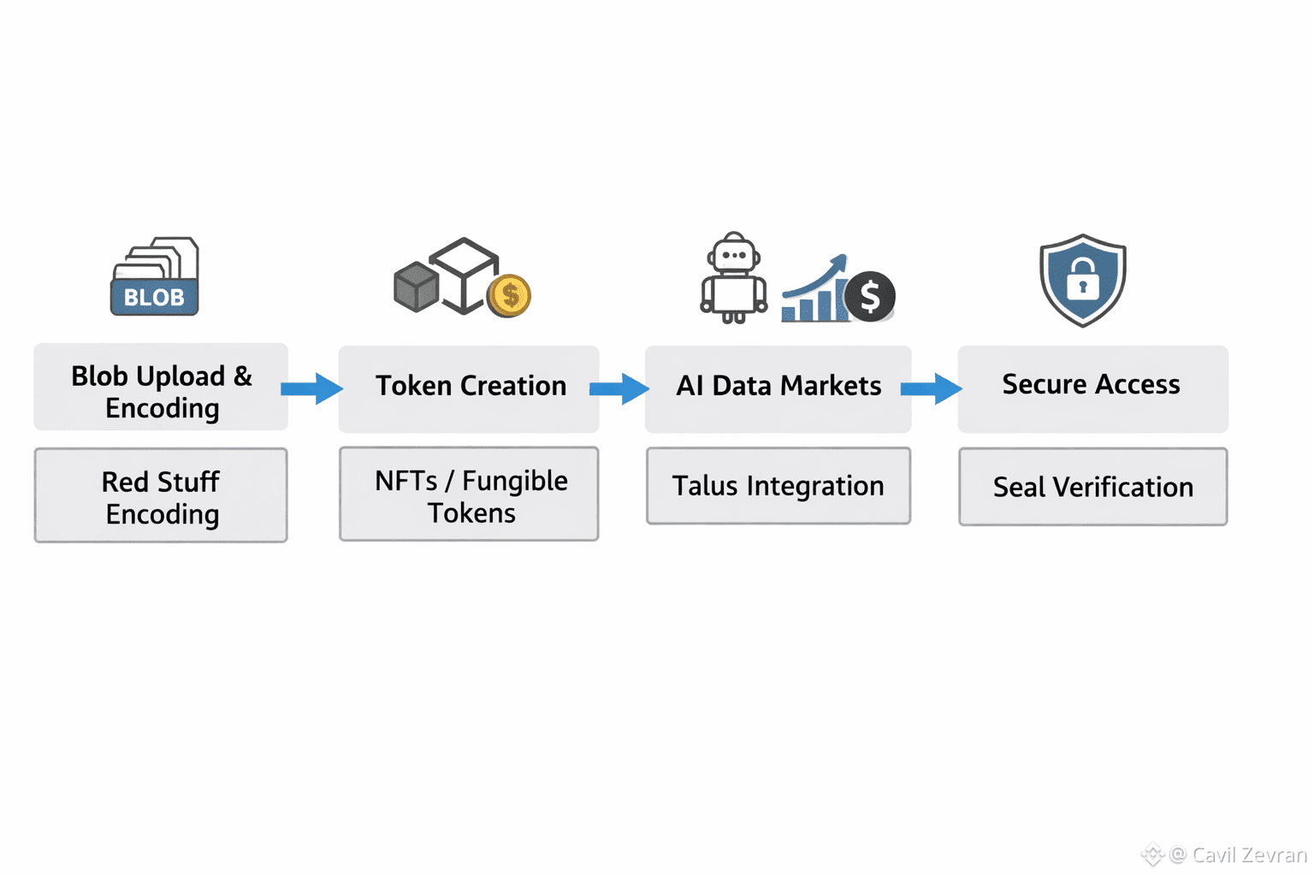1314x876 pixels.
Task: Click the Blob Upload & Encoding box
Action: (161, 388)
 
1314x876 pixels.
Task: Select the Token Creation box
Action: (469, 388)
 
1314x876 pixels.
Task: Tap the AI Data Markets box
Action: (778, 388)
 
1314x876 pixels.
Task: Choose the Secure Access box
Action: (1092, 388)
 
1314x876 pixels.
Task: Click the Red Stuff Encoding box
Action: (161, 495)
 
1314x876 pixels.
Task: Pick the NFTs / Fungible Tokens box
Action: (469, 494)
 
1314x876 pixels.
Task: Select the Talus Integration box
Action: (778, 486)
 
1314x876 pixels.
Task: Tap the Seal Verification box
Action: (1092, 487)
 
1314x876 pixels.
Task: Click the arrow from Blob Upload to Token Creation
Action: (312, 388)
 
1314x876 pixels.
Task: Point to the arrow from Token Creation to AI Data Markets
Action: (619, 388)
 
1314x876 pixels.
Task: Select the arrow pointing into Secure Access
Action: (932, 388)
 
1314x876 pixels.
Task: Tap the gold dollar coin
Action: (509, 296)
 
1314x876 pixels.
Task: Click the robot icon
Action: (734, 279)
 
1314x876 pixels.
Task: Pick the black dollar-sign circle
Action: (870, 297)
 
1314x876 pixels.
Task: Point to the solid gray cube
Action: (417, 287)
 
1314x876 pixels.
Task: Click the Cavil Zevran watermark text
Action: (1248, 855)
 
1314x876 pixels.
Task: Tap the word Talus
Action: (705, 486)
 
